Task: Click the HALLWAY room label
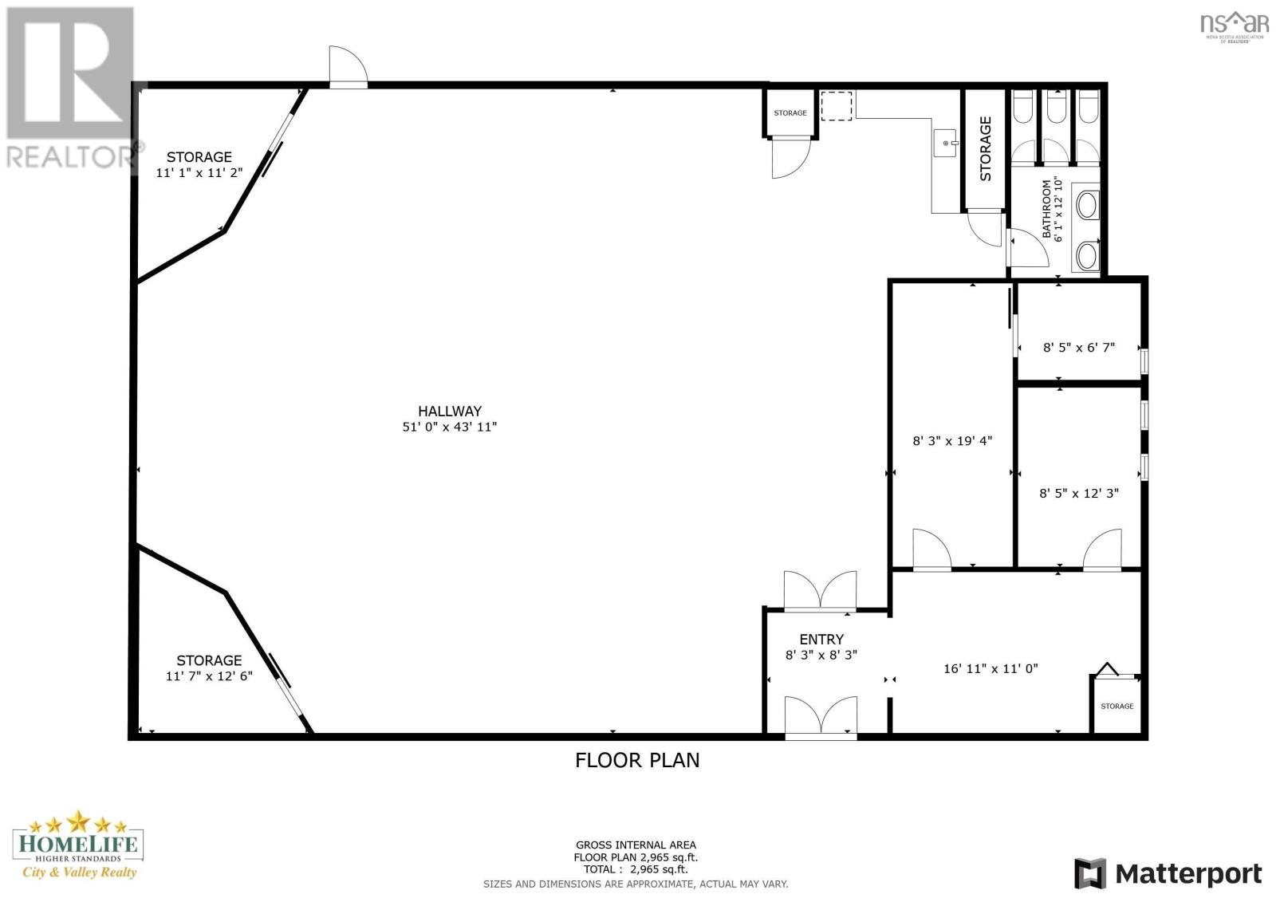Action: tap(450, 411)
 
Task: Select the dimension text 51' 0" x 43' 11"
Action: tap(450, 427)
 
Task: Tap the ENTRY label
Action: tap(821, 639)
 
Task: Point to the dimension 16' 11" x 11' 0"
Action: tap(990, 668)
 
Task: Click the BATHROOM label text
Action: tap(1047, 209)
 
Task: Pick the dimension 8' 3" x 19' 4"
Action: tap(952, 440)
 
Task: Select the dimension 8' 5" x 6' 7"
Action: tap(1079, 347)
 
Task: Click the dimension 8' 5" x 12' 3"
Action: tap(1079, 493)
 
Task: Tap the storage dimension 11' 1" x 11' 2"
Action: tap(199, 171)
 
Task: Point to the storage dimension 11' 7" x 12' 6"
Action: tap(209, 676)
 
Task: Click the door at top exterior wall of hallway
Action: tap(349, 70)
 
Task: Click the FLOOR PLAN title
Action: tap(637, 760)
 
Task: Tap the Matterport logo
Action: tap(1168, 873)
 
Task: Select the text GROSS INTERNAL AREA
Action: tap(636, 845)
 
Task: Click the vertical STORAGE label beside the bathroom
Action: tap(986, 148)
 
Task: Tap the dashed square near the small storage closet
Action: tap(837, 106)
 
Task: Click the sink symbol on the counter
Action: tap(946, 144)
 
